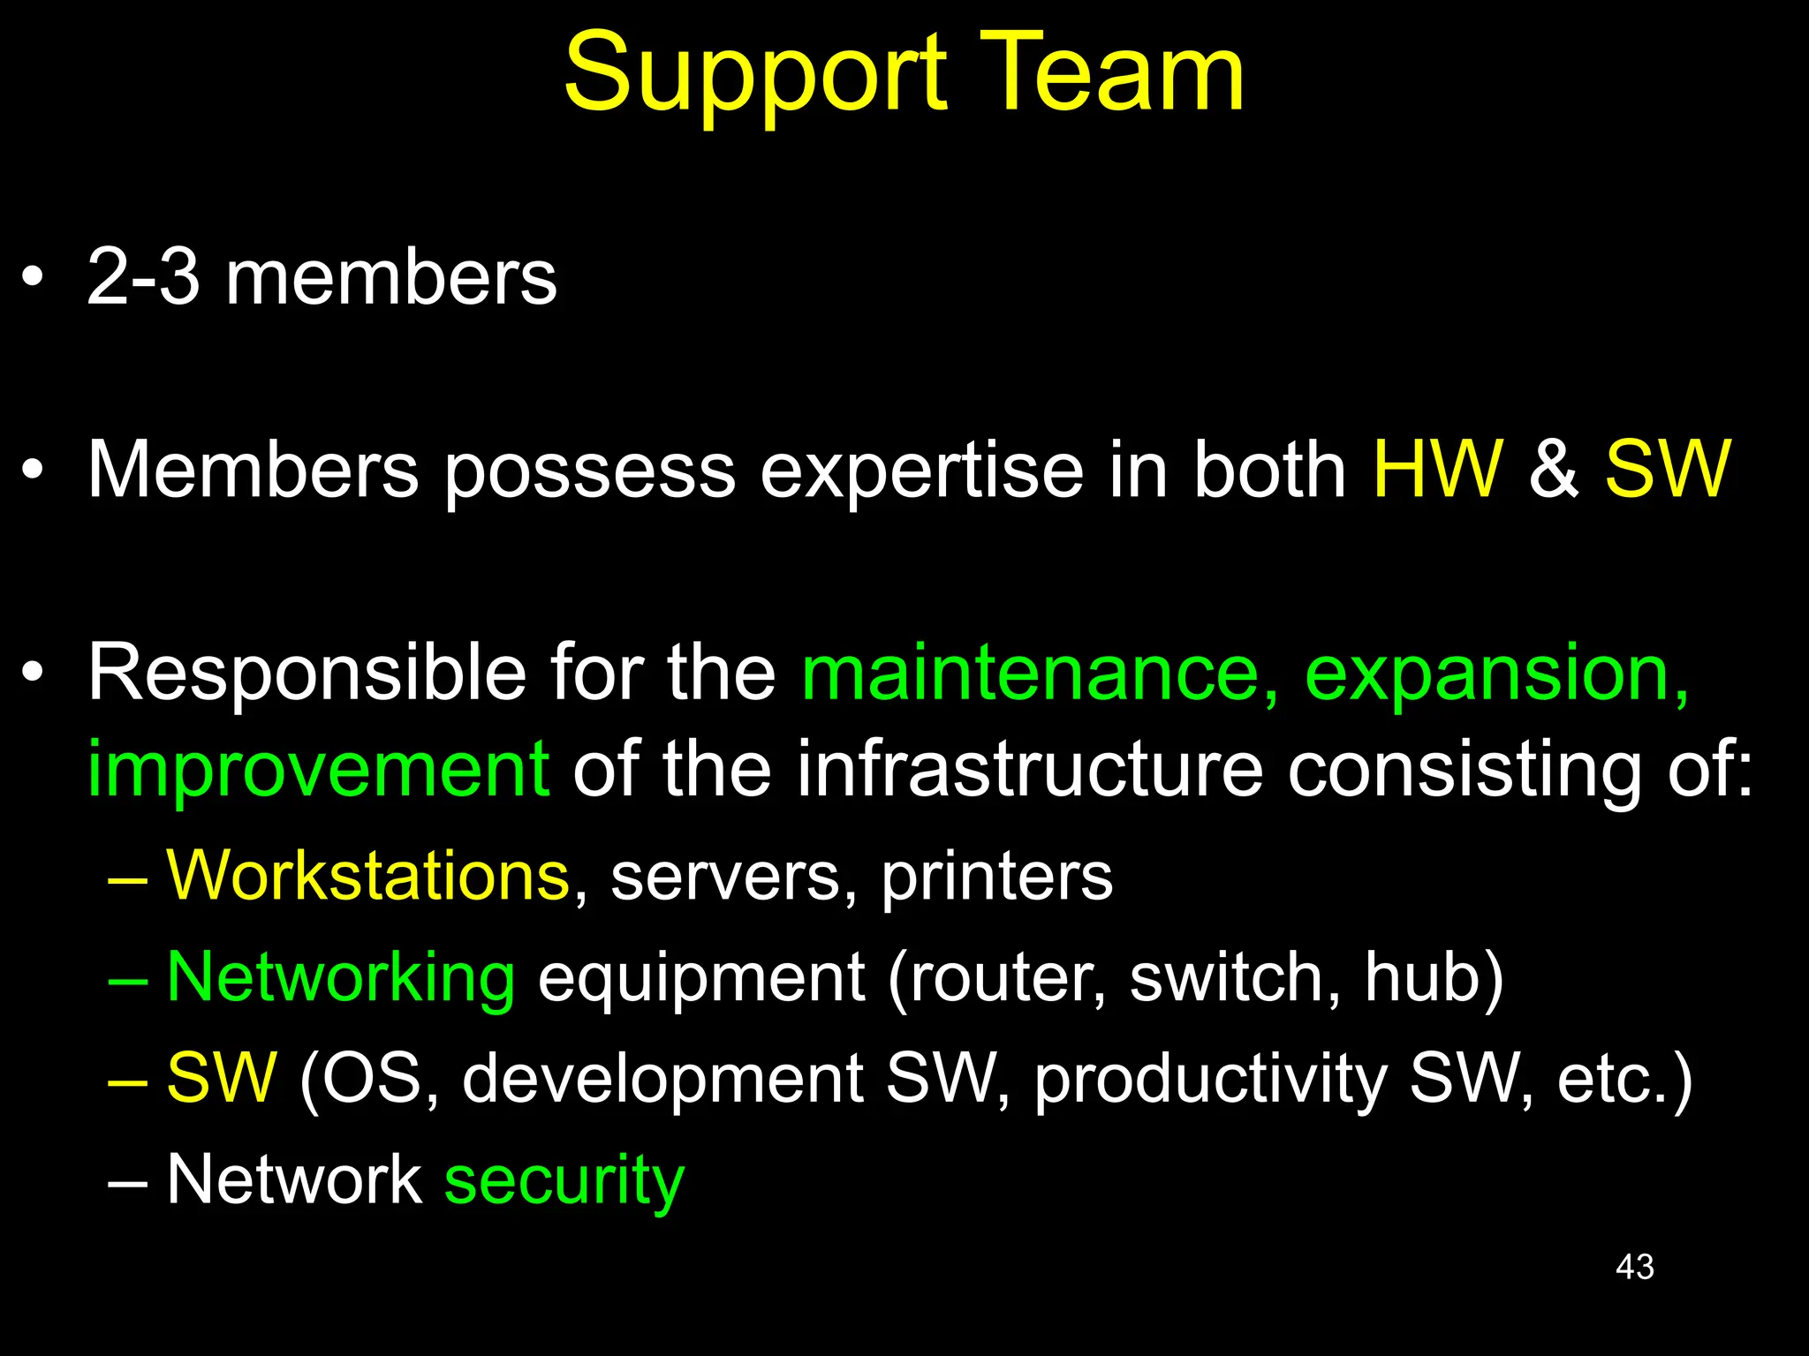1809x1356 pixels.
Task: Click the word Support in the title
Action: tap(755, 75)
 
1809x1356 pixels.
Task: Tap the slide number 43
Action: tap(1634, 1267)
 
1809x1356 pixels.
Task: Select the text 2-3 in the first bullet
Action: tap(143, 277)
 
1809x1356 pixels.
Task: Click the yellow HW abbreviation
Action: tap(1437, 469)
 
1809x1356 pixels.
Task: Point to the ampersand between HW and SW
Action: tap(1553, 469)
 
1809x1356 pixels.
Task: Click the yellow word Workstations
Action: tap(368, 876)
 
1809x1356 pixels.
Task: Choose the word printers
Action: tap(996, 878)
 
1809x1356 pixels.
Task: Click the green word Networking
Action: tap(341, 978)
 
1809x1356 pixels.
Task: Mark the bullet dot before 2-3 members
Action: tap(33, 279)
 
